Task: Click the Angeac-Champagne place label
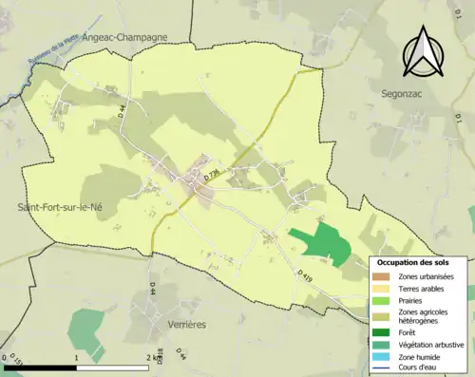tap(125, 37)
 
